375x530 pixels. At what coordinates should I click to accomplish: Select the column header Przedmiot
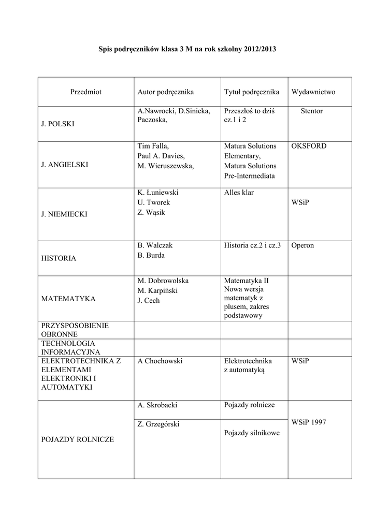86,92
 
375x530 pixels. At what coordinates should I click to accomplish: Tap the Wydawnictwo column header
313,92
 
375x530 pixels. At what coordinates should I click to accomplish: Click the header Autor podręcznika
166,92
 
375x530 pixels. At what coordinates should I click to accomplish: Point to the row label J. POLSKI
57,124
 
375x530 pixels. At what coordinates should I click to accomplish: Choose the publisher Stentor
311,111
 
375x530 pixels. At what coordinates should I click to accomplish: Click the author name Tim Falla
153,146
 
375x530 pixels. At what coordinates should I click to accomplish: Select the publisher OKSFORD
309,146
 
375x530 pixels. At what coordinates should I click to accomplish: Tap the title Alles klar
239,193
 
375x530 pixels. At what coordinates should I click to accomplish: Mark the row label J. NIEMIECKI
65,215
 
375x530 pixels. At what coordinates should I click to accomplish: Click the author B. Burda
151,255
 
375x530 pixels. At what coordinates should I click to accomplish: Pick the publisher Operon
303,245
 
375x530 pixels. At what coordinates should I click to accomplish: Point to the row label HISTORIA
59,258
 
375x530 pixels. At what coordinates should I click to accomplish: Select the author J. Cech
149,301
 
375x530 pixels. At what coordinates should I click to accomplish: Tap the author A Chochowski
160,361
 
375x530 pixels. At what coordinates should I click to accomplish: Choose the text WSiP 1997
309,422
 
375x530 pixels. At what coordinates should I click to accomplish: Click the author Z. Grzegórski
158,424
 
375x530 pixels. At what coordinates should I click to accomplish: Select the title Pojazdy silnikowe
252,433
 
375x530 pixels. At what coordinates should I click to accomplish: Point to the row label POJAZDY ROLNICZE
77,439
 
